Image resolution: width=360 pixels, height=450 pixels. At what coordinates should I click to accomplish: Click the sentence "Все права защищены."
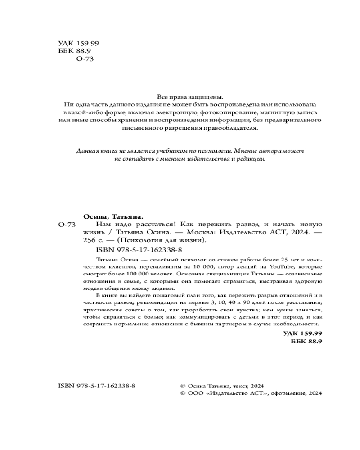(189, 96)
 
